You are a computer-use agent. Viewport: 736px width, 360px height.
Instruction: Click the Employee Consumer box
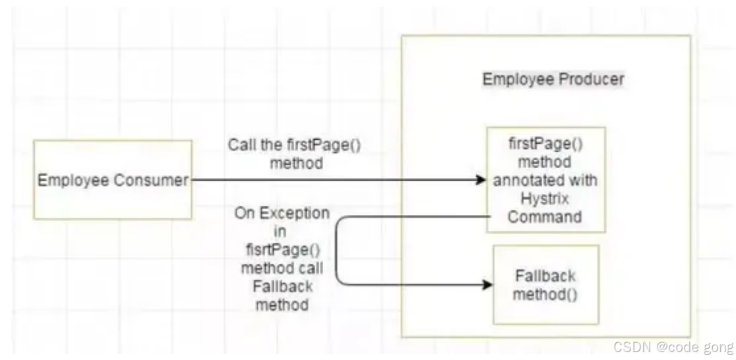pyautogui.click(x=113, y=179)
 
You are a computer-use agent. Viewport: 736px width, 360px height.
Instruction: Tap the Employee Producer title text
pyautogui.click(x=553, y=80)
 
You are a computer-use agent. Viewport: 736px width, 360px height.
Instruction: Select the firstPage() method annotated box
pyautogui.click(x=545, y=179)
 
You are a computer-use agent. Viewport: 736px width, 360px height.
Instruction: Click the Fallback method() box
pyautogui.click(x=545, y=284)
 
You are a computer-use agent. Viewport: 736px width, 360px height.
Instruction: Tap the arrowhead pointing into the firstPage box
pyautogui.click(x=479, y=179)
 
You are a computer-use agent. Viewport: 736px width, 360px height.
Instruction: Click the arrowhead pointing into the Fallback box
pyautogui.click(x=487, y=285)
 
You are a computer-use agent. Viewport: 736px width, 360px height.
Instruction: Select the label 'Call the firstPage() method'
pyautogui.click(x=295, y=154)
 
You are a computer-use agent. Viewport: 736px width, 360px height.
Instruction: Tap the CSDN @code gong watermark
pyautogui.click(x=672, y=347)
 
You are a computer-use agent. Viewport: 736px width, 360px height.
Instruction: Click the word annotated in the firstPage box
pyautogui.click(x=545, y=179)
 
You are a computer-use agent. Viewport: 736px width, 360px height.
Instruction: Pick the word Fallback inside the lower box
pyautogui.click(x=545, y=276)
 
